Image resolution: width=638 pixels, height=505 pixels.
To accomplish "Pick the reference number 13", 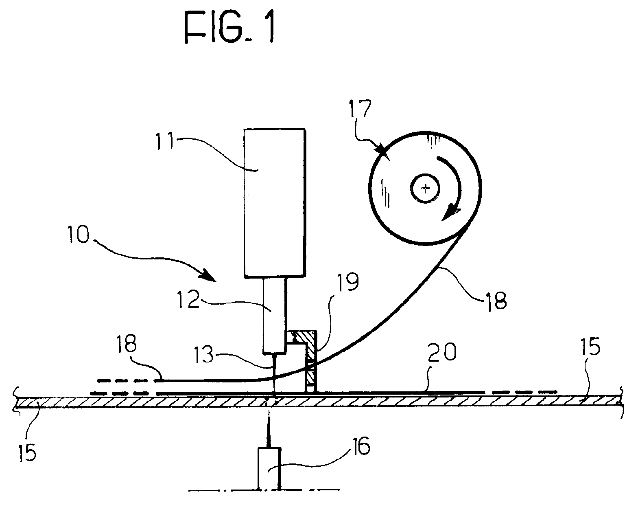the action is [x=205, y=354].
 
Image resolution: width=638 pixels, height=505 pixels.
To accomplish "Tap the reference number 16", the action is [x=361, y=447].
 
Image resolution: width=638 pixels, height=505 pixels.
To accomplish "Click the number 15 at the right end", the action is [x=590, y=347].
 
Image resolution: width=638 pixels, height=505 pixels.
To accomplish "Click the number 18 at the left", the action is [x=127, y=344].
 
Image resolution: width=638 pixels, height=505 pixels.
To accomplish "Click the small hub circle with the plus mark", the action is [x=426, y=189].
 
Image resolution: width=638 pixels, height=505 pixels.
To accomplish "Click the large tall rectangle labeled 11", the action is [x=275, y=203].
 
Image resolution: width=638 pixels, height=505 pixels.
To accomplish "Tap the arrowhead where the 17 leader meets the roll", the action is [x=382, y=151].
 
